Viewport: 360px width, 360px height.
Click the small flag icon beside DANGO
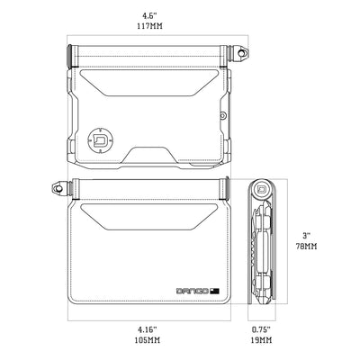[x=215, y=290]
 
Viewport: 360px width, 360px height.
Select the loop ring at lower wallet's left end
[x=58, y=190]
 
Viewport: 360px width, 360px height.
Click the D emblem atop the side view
[x=260, y=190]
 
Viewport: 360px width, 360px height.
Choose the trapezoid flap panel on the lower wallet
[x=149, y=215]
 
